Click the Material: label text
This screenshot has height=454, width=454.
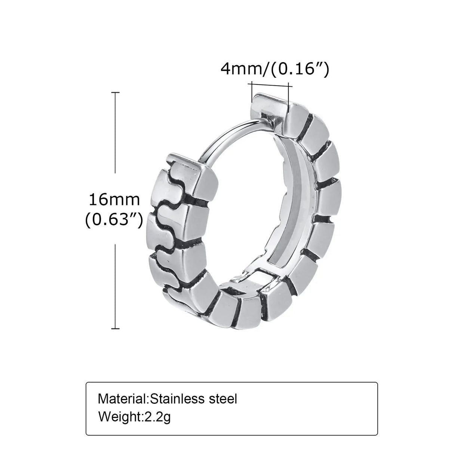(x=123, y=399)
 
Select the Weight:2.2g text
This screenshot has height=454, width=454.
(x=134, y=416)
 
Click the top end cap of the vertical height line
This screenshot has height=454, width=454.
(x=115, y=92)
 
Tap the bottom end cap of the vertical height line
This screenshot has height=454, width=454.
(x=115, y=329)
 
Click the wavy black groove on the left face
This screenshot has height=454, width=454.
(x=165, y=224)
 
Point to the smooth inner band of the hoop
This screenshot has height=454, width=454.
(x=299, y=209)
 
